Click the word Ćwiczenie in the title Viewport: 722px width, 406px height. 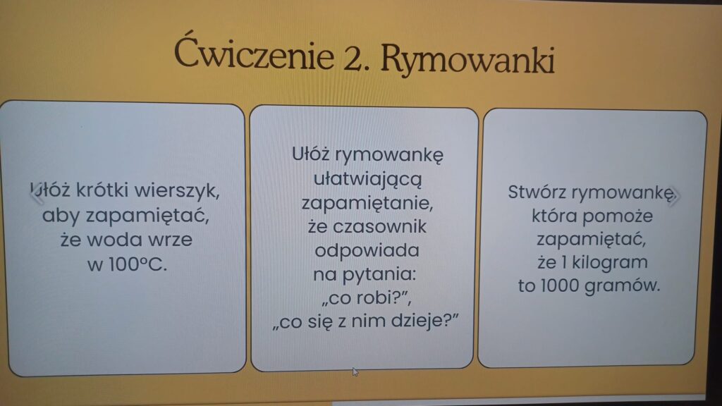[x=254, y=53]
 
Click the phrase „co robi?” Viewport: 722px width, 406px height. [x=366, y=298]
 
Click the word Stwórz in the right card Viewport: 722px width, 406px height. [x=537, y=192]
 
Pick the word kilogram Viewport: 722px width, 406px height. [x=610, y=262]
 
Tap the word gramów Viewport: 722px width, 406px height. [x=623, y=286]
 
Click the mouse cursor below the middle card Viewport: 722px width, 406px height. [x=355, y=371]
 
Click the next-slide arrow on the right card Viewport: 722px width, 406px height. [x=674, y=196]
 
